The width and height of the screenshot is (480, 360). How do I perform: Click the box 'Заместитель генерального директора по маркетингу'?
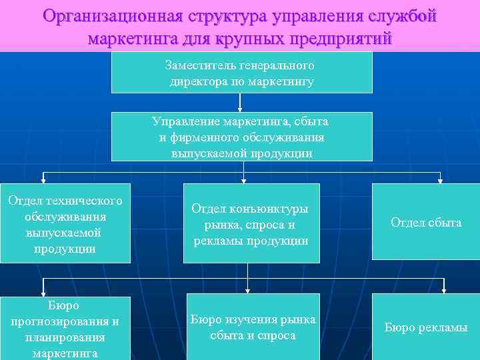(241, 73)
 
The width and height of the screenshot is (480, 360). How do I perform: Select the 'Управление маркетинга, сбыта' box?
(241, 137)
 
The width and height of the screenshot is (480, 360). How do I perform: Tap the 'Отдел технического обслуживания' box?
(65, 223)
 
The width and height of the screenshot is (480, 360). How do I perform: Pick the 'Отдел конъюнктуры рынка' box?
(251, 223)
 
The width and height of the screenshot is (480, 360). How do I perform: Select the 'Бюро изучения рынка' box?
(253, 327)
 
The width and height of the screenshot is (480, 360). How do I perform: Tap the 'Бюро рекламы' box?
(426, 327)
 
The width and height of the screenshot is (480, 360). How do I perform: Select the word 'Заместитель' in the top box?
(193, 66)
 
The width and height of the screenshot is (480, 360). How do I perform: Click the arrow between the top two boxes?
(240, 102)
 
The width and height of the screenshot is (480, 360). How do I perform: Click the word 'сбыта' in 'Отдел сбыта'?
(445, 223)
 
